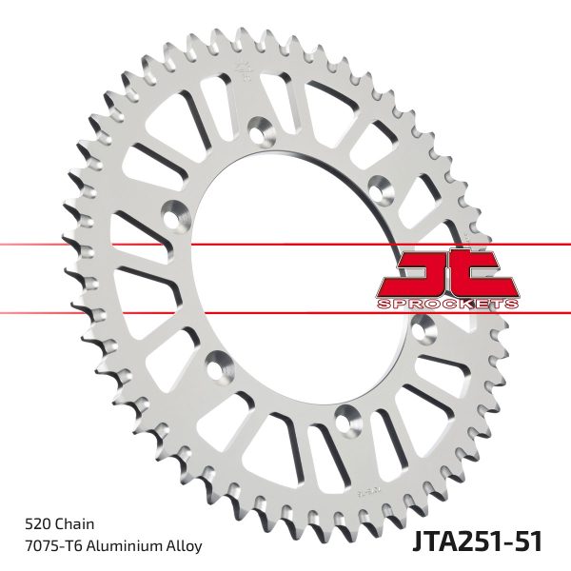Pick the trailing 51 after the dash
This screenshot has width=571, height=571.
pyautogui.click(x=528, y=542)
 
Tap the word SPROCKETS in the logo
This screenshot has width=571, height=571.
pyautogui.click(x=448, y=303)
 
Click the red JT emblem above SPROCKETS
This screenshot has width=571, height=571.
pyautogui.click(x=448, y=273)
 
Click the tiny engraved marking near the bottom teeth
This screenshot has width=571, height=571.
pyautogui.click(x=367, y=490)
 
